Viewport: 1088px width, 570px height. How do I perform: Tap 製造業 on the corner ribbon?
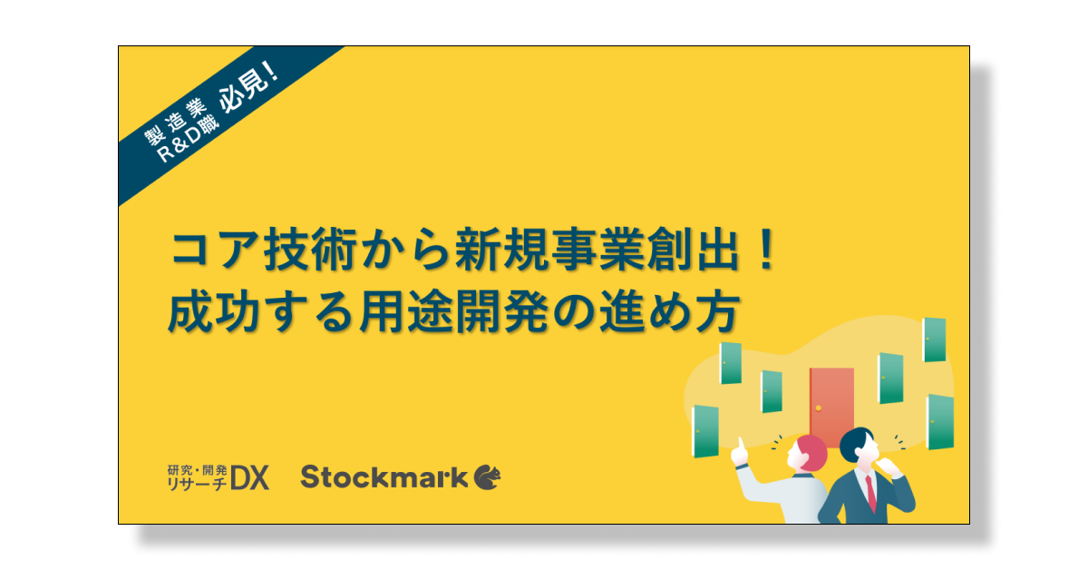176,122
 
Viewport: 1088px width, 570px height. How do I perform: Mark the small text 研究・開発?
198,470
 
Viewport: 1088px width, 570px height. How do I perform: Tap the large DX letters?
249,477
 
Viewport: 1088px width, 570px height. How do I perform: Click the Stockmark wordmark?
384,477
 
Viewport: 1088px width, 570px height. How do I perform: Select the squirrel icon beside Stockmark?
487,477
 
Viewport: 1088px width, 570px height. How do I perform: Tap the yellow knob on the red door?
819,408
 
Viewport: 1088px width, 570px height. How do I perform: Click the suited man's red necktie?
870,492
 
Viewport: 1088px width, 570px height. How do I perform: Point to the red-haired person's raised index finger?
741,444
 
